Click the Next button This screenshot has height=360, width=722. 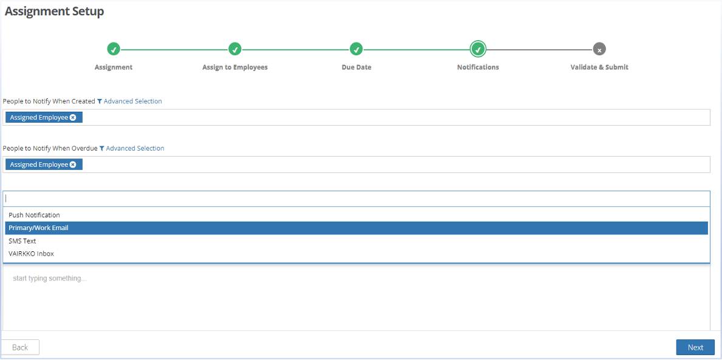(x=695, y=347)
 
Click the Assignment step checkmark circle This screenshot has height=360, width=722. (x=114, y=49)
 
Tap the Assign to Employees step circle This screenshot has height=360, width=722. (x=235, y=49)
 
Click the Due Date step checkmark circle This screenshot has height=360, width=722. (x=356, y=49)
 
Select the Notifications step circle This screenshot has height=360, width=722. (x=478, y=49)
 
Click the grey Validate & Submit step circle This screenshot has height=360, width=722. (x=599, y=49)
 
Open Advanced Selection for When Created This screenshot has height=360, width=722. (x=129, y=101)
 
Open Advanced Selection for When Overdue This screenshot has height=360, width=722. (x=132, y=148)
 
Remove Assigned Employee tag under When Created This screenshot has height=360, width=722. (x=73, y=117)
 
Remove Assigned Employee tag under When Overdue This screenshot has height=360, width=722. (x=73, y=165)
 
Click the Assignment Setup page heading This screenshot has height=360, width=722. (x=54, y=12)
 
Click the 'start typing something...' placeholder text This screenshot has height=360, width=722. (x=50, y=279)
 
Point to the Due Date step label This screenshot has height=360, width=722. (x=356, y=67)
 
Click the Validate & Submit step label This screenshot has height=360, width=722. (x=599, y=67)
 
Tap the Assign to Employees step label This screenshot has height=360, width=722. (x=235, y=67)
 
